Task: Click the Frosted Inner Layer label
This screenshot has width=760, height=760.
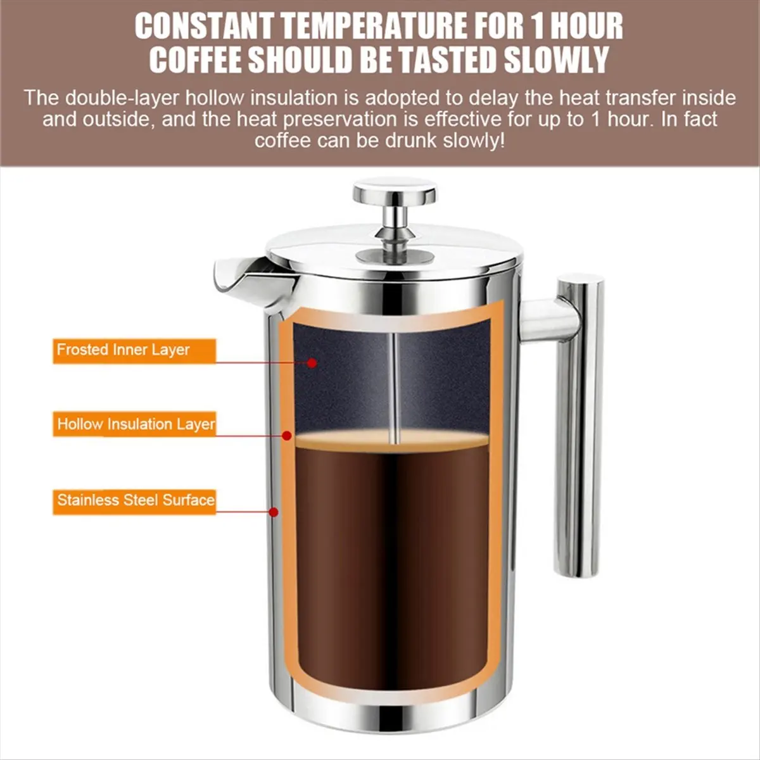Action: (134, 350)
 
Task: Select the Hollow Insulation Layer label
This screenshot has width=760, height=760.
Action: (134, 424)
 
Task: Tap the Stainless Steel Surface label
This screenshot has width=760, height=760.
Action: (134, 501)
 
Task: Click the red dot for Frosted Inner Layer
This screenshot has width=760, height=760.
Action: (312, 363)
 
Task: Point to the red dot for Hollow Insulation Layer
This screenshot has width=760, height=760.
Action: (287, 436)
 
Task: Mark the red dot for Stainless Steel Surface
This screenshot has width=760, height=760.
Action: (274, 512)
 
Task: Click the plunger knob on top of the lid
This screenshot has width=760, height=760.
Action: (395, 192)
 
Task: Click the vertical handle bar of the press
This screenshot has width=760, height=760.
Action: (578, 426)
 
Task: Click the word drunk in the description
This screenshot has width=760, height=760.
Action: (412, 141)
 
